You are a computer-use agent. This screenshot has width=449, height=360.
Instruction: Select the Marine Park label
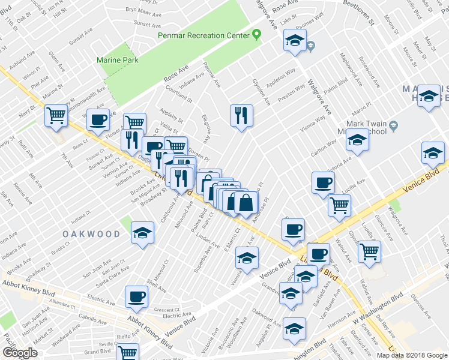point(118,60)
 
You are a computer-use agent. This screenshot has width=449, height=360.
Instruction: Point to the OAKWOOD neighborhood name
point(91,234)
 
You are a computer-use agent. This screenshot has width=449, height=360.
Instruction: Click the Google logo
point(20,353)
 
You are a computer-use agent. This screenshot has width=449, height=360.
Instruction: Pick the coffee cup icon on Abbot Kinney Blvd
point(136,295)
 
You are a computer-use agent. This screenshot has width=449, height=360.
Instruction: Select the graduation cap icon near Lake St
point(295,40)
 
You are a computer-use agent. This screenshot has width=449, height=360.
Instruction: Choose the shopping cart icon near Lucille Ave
point(339,205)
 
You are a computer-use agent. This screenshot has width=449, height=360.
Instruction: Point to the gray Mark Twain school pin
point(394,126)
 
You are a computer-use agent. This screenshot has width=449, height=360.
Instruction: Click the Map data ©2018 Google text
point(411,355)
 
